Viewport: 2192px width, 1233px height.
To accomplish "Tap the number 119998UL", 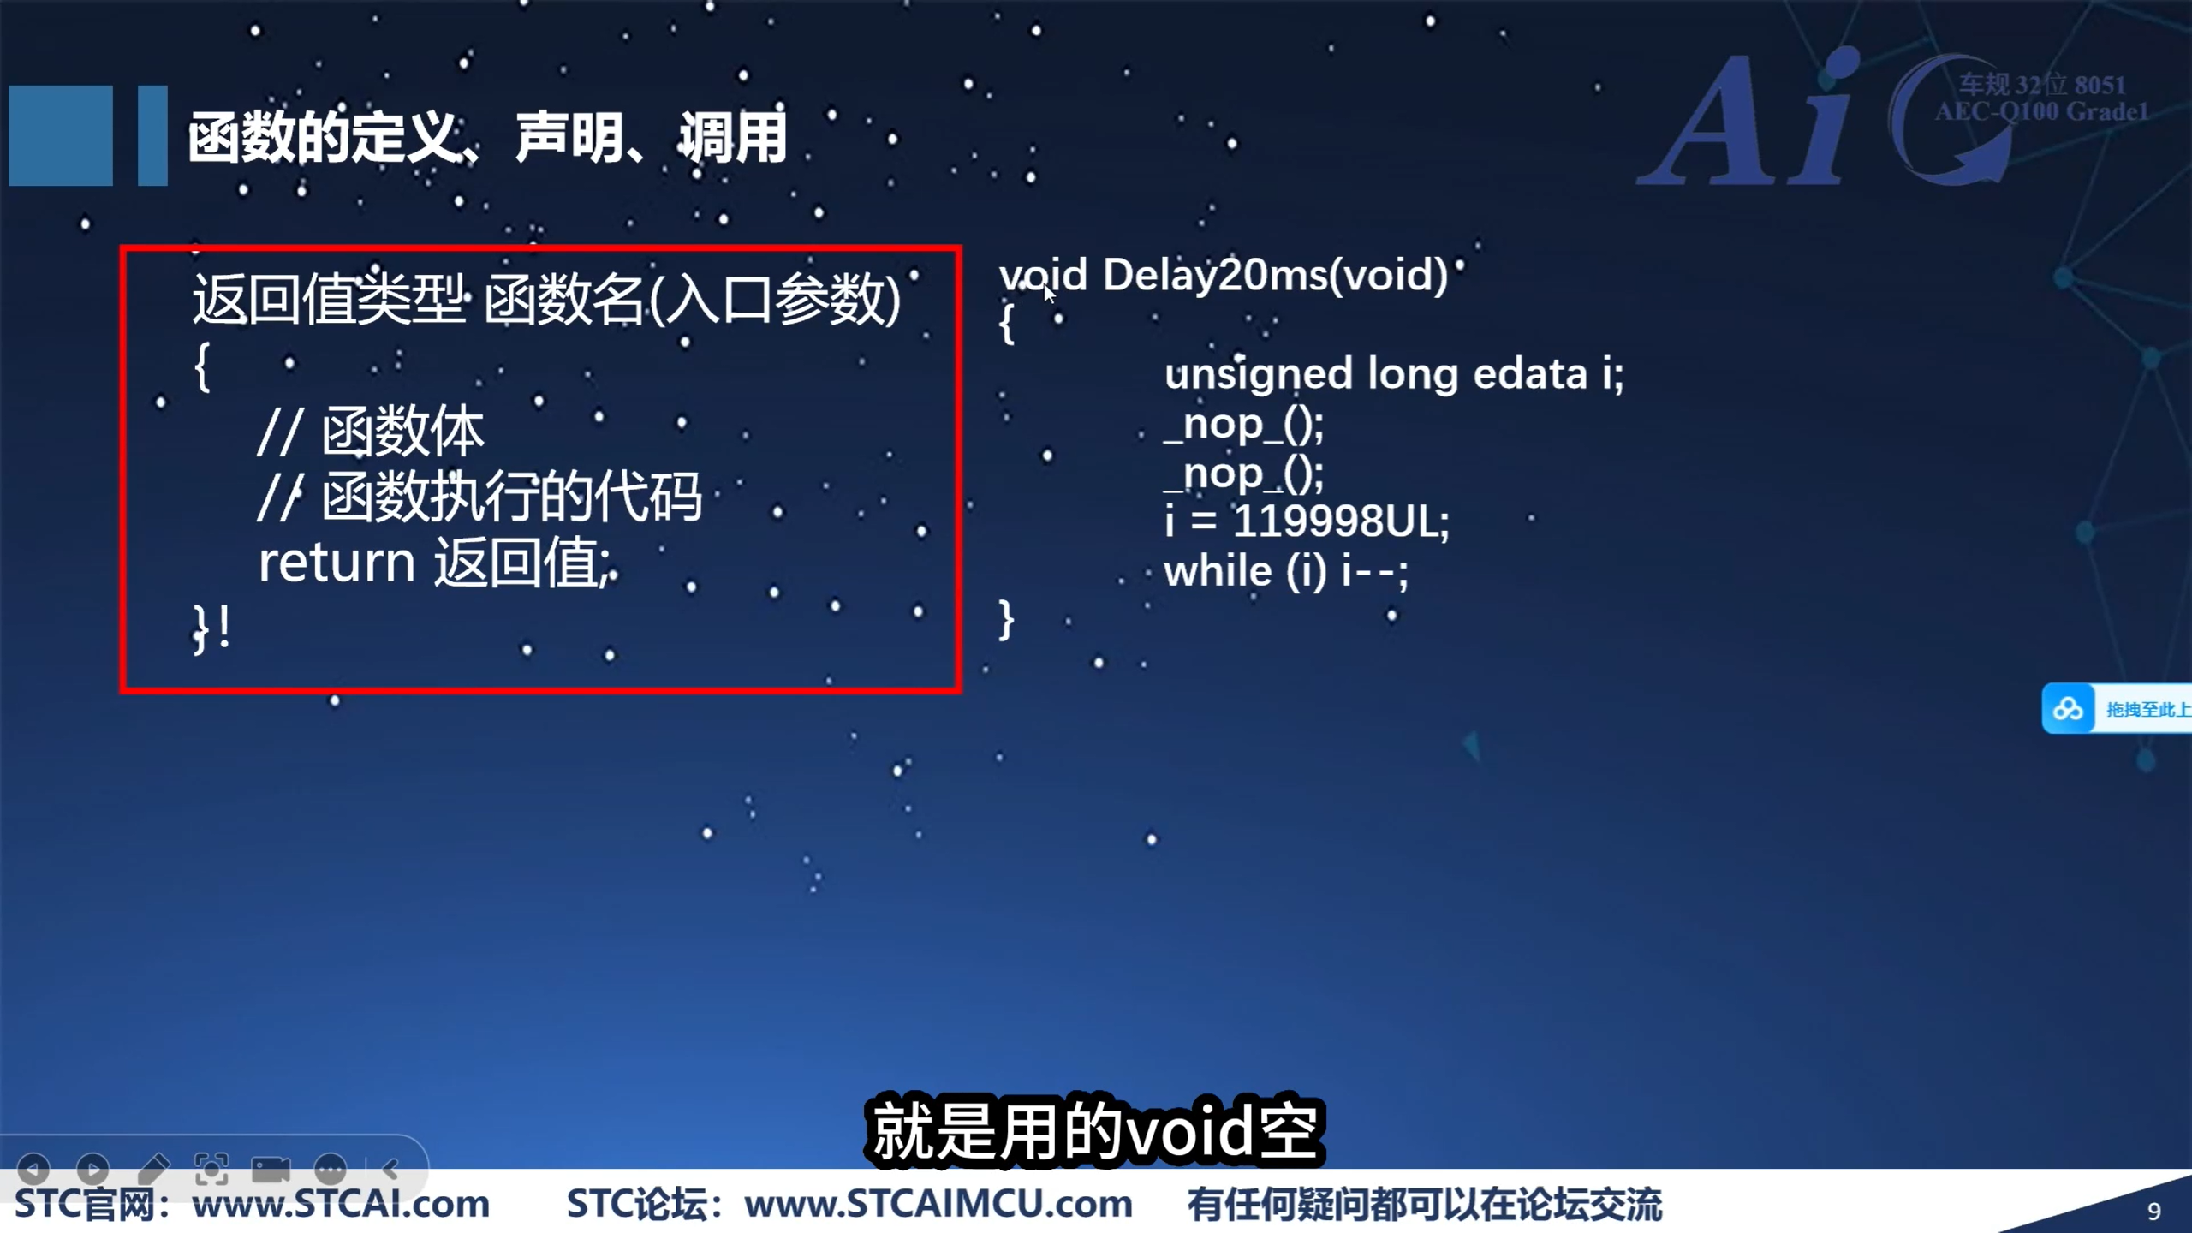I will [1340, 521].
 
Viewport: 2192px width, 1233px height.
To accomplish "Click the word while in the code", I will [1218, 571].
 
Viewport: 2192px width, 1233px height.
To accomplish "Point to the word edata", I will [1529, 374].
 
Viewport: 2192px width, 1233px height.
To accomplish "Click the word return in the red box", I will [337, 563].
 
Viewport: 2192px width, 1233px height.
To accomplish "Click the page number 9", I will [2153, 1211].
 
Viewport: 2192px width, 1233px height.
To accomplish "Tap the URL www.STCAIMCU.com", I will [938, 1205].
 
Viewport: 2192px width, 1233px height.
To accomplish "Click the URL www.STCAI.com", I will [341, 1205].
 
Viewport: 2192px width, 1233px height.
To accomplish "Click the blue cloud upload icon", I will [2068, 709].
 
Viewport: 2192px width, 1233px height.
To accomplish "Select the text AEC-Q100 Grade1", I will [2041, 112].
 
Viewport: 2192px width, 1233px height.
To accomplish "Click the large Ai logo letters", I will [1747, 120].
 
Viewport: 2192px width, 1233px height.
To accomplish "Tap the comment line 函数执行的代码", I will [512, 497].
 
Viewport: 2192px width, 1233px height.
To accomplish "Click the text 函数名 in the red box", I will [563, 300].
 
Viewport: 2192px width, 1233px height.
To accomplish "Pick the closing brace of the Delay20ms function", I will [1006, 619].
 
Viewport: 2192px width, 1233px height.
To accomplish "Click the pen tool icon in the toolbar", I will [153, 1168].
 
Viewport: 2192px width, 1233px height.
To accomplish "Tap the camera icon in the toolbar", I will [271, 1169].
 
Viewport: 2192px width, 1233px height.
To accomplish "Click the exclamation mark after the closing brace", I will [224, 628].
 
